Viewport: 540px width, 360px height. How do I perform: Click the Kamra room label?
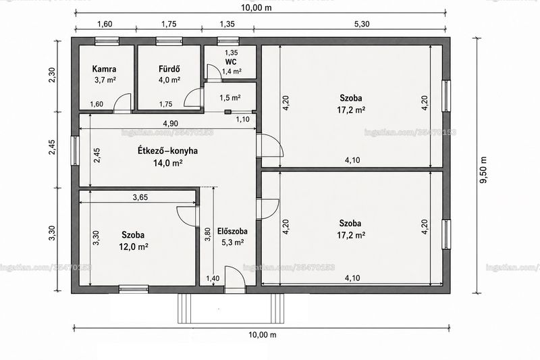coord(104,69)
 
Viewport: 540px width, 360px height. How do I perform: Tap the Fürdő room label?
coord(169,68)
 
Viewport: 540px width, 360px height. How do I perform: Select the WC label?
coord(231,62)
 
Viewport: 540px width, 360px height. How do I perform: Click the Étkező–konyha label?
coord(167,151)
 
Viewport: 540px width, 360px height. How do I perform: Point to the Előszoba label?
coord(232,231)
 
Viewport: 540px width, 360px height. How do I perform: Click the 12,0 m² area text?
coord(134,247)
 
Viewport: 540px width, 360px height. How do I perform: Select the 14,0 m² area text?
coord(167,163)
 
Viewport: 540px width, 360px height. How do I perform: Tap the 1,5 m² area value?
coord(230,98)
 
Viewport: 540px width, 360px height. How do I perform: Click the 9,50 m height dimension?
coord(484,170)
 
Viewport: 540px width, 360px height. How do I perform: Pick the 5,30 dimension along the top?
coord(362,24)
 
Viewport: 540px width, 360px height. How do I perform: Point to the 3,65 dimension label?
coord(140,197)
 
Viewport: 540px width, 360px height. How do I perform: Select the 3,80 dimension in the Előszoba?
coord(208,234)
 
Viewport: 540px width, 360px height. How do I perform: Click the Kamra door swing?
coord(124,102)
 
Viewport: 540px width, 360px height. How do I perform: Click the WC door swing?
coord(214,72)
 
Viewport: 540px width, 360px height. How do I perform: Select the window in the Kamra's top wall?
coord(107,41)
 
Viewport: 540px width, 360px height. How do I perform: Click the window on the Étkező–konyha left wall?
coord(75,151)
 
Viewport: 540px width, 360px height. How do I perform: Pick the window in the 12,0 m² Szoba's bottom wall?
coord(134,289)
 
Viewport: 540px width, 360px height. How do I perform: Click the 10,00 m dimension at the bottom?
coord(263,334)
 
